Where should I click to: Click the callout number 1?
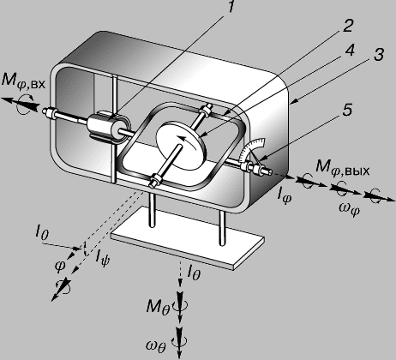230,7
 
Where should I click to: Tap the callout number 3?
378,54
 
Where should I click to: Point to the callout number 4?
349,50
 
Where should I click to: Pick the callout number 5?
347,110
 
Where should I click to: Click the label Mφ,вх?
23,81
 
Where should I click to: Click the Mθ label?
158,308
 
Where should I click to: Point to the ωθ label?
155,345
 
